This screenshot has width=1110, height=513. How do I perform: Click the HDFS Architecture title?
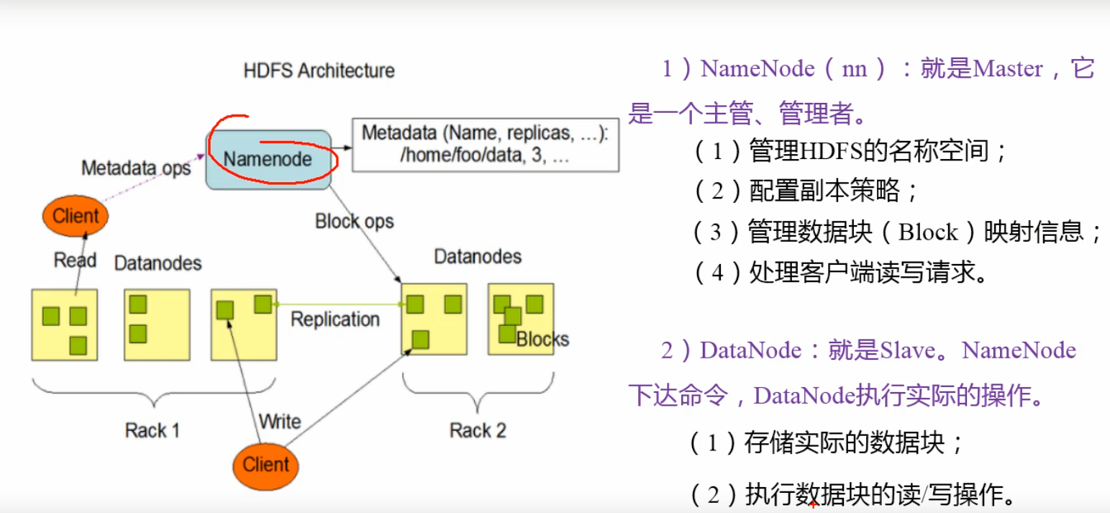(319, 71)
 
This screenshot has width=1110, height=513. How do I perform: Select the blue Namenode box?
(268, 159)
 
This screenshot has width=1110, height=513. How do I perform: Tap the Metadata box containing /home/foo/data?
(485, 145)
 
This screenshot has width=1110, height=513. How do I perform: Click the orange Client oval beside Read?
(76, 215)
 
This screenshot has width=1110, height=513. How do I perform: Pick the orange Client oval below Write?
(265, 464)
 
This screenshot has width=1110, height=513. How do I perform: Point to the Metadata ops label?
(136, 168)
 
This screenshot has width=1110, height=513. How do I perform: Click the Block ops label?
(354, 221)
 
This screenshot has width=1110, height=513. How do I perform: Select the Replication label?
(335, 319)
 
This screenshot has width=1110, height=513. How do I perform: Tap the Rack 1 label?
(152, 430)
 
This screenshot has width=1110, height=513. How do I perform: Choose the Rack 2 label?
(478, 430)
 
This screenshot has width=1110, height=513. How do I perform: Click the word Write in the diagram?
(279, 420)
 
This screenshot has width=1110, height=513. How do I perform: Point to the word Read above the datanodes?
(75, 260)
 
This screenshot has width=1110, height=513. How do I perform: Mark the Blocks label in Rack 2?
(542, 339)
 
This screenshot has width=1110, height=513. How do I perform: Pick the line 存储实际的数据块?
(844, 442)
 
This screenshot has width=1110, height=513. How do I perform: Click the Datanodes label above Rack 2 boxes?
(478, 256)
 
